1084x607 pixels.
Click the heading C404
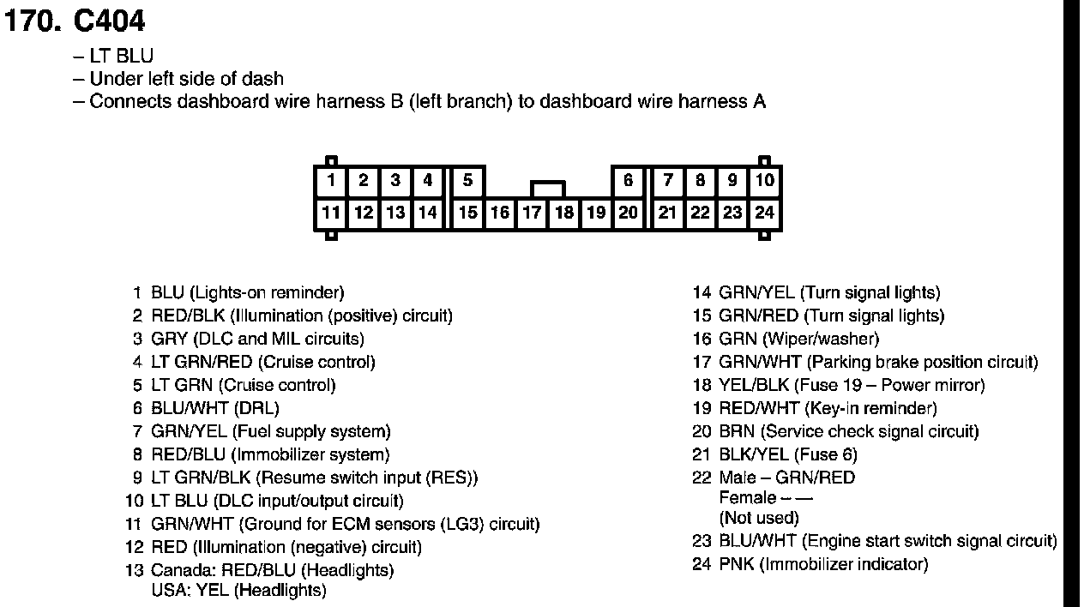(x=109, y=21)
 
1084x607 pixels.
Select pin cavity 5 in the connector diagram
(x=467, y=181)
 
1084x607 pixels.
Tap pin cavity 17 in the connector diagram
(x=532, y=213)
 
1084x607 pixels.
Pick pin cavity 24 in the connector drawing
(x=765, y=213)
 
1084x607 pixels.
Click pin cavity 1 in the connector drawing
(x=331, y=181)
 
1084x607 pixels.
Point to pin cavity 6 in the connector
(x=629, y=181)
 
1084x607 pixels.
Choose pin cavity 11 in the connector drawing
(x=331, y=213)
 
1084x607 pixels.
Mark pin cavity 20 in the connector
(x=629, y=213)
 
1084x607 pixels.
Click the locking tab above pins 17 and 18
(x=548, y=188)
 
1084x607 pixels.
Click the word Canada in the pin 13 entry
(x=183, y=570)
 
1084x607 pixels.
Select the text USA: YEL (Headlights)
(x=238, y=591)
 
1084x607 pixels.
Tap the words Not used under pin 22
(x=759, y=518)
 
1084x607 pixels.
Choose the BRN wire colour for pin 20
(x=737, y=431)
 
